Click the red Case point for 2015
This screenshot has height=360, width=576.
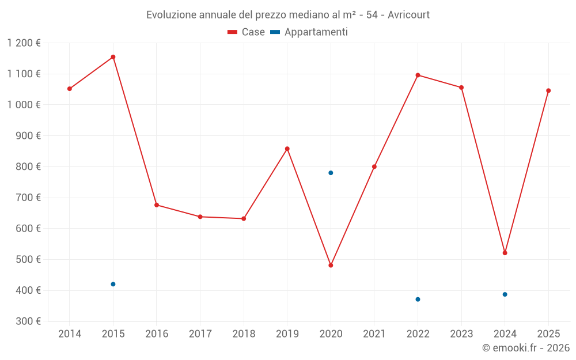113,57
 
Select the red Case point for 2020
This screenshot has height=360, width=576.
331,266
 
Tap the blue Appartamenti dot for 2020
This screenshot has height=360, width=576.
331,173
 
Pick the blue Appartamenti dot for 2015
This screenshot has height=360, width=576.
113,284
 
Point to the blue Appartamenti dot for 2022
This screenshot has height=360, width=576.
418,300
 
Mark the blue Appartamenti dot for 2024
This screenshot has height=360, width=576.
505,294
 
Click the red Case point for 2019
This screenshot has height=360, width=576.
287,149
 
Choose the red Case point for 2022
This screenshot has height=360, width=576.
418,75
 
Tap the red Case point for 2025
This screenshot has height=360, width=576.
548,90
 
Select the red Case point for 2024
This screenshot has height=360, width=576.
505,253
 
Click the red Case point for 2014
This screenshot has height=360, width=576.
70,89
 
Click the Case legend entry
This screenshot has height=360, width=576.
247,32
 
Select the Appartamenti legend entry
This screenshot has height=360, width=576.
309,32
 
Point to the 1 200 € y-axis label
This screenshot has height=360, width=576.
24,43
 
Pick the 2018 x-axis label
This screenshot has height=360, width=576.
244,334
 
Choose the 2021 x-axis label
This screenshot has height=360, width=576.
374,334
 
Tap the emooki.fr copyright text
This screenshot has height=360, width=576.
526,348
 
